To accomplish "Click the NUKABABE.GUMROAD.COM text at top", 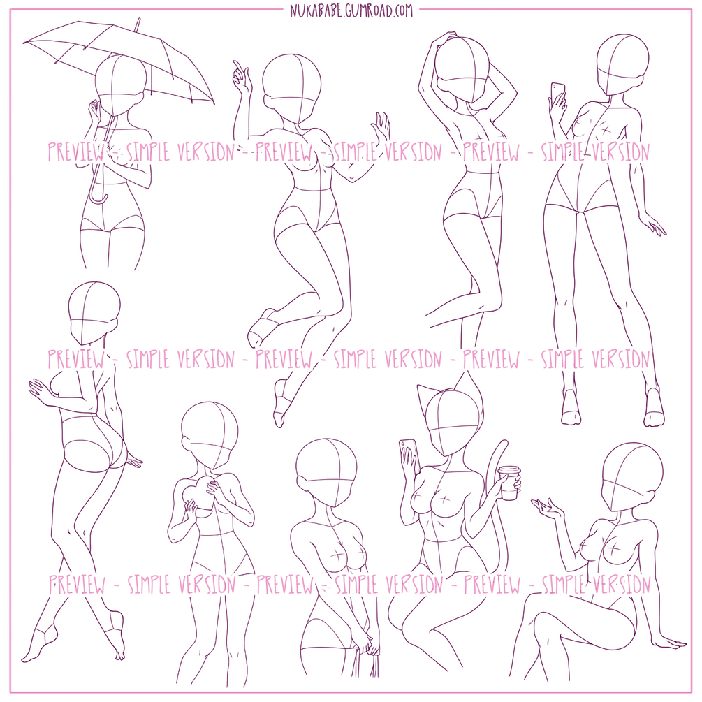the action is tap(351, 10).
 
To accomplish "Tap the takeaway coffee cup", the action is tap(509, 483).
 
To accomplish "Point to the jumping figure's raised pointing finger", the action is tap(238, 68).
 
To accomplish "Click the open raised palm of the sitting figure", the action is tap(547, 507).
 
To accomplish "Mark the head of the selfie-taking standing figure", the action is tap(622, 66).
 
